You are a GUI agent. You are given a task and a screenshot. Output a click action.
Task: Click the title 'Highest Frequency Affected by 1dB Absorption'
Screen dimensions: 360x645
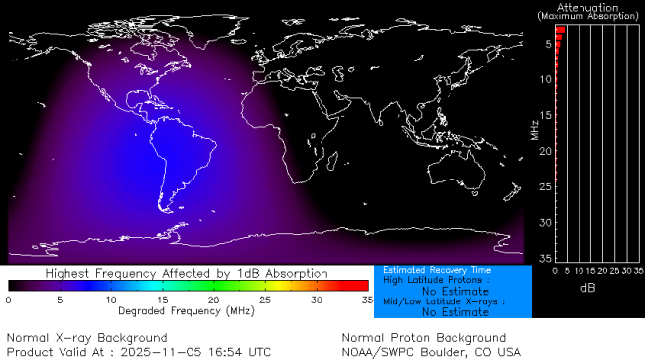point(187,273)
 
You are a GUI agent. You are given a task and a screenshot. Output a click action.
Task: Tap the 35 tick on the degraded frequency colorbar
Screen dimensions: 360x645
point(366,299)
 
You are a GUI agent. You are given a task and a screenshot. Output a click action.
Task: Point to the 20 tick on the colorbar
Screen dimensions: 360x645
point(213,299)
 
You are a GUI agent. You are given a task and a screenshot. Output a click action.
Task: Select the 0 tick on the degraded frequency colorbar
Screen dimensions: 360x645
point(9,299)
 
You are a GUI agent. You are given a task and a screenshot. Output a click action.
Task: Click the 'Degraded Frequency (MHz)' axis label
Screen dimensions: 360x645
point(187,310)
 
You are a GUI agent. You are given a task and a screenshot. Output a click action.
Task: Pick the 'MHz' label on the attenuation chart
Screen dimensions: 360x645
point(536,130)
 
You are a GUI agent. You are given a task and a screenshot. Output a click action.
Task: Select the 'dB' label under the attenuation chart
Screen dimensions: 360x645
point(587,288)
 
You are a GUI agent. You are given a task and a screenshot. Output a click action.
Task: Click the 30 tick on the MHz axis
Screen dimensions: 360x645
point(545,222)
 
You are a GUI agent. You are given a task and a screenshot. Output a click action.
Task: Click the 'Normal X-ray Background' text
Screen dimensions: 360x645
point(86,338)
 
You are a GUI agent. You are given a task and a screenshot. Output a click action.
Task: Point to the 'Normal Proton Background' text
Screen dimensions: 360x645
point(424,338)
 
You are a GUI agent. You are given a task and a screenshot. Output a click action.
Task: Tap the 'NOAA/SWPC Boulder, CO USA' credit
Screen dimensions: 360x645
point(431,352)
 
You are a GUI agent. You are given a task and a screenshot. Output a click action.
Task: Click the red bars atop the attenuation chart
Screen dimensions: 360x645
point(559,31)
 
